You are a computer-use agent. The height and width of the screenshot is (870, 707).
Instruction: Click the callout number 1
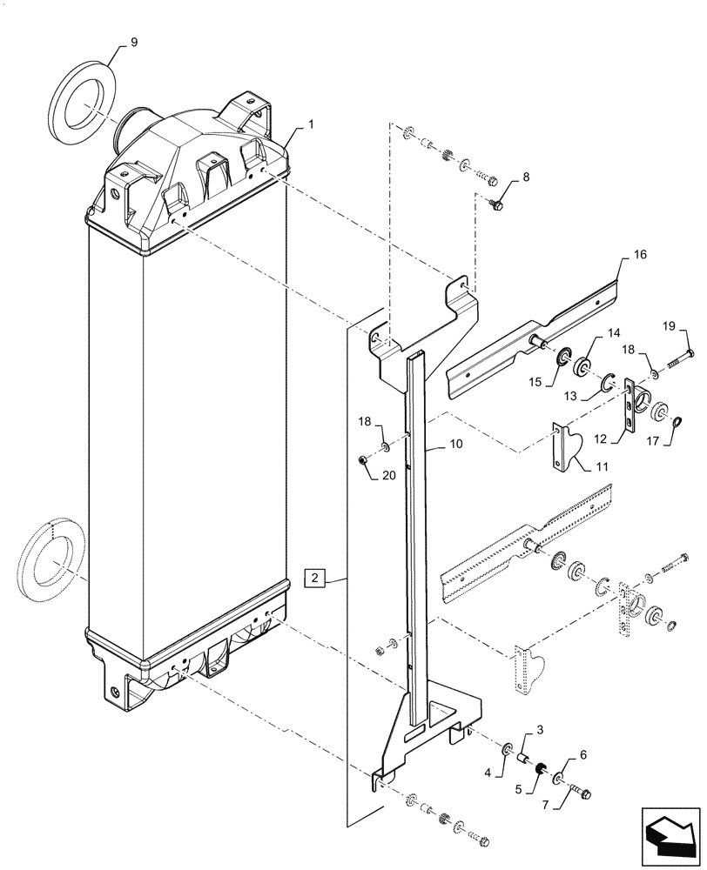pyautogui.click(x=311, y=124)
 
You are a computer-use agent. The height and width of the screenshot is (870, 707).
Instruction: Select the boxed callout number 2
pyautogui.click(x=314, y=577)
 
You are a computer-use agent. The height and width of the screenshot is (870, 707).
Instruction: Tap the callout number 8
pyautogui.click(x=525, y=178)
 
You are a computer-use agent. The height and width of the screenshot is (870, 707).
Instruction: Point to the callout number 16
pyautogui.click(x=640, y=254)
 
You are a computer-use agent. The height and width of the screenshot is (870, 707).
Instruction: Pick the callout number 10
pyautogui.click(x=455, y=444)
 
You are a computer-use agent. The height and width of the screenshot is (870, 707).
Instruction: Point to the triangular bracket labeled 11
pyautogui.click(x=565, y=447)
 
